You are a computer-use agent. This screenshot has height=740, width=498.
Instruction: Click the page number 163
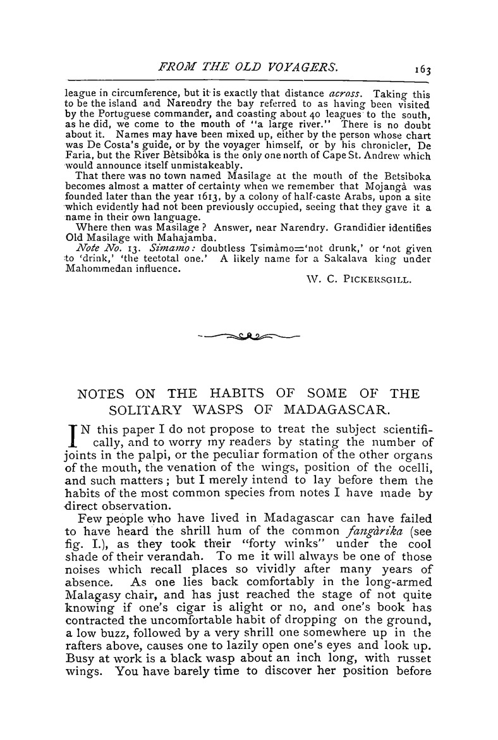420,65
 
